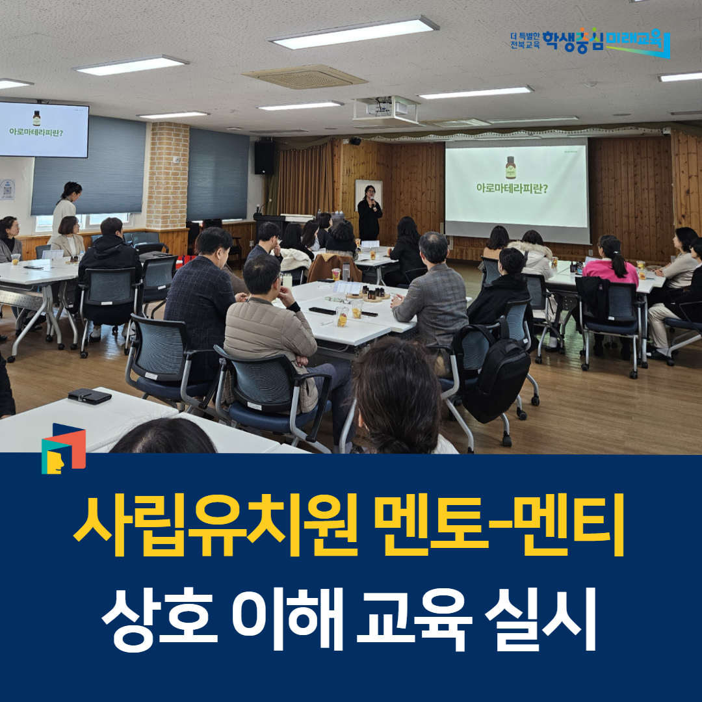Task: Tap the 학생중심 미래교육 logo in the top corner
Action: coord(590,42)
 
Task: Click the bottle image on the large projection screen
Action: coord(510,167)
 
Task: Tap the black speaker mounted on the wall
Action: coord(264,157)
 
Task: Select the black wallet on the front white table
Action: coord(90,396)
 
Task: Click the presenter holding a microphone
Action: coord(369,212)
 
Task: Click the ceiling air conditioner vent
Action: coord(305,77)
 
